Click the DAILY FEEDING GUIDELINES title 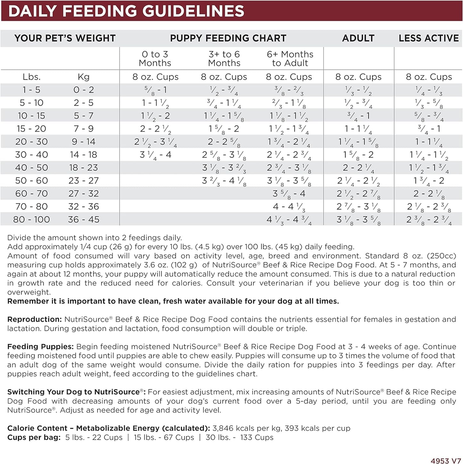coord(126,11)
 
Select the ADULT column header coord(358,38)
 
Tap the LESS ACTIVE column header coord(429,38)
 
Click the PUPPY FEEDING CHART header coord(228,38)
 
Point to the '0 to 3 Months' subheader coord(155,58)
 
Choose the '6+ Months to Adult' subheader coord(290,58)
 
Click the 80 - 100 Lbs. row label coord(31,219)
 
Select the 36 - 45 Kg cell coord(84,219)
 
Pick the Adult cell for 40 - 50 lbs coord(358,168)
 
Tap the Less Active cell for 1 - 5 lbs coord(429,90)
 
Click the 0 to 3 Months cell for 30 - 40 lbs coord(156,155)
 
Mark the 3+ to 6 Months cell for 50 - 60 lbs coord(224,181)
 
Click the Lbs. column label coord(31,77)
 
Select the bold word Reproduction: coord(34,319)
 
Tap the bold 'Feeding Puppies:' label coord(40,347)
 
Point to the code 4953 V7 coord(445,460)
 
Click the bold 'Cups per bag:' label coord(34,437)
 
